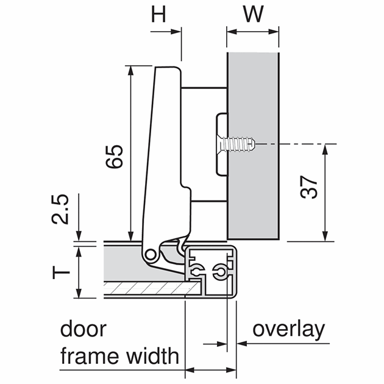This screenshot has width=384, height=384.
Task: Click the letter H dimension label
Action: [159, 14]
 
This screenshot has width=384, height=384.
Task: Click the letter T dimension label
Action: [57, 272]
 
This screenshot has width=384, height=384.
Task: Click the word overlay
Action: [288, 330]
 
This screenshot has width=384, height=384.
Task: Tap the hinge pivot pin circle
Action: [149, 255]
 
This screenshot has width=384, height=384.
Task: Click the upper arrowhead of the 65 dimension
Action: [130, 70]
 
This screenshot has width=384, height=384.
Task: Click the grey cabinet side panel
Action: [253, 183]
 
